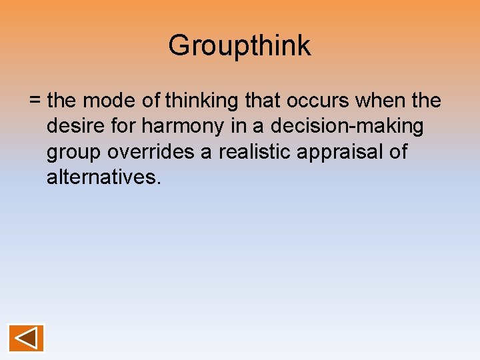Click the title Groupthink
(x=239, y=46)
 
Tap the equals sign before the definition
(x=35, y=101)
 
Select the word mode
(x=112, y=101)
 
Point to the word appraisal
(x=346, y=153)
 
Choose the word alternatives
(x=101, y=177)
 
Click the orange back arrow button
(x=26, y=337)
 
